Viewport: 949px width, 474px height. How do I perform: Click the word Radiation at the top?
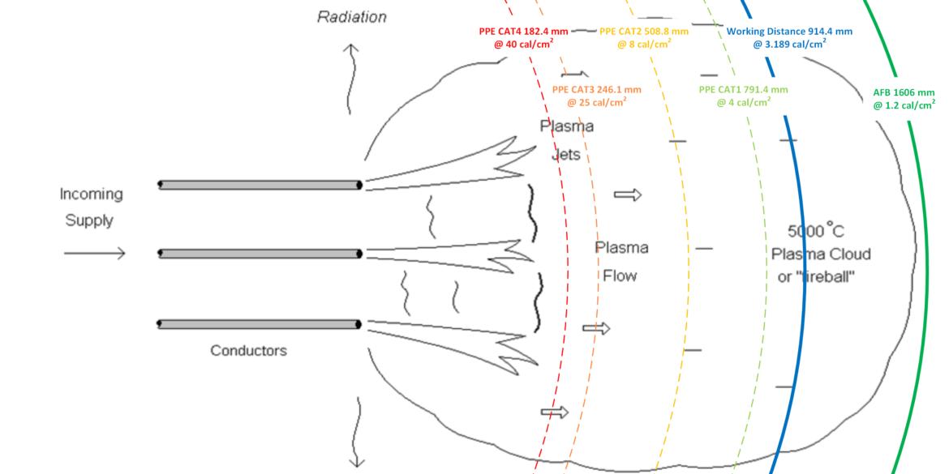pyautogui.click(x=352, y=16)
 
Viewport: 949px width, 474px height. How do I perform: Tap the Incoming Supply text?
pyautogui.click(x=91, y=207)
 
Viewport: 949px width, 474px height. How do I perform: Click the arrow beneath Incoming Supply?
pyautogui.click(x=95, y=254)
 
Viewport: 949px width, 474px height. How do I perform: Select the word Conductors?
pyautogui.click(x=248, y=351)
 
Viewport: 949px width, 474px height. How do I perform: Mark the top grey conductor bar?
pyautogui.click(x=260, y=185)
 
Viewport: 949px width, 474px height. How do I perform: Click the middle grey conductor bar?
pyautogui.click(x=260, y=254)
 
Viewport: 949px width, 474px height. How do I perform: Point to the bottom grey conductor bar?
pyautogui.click(x=260, y=324)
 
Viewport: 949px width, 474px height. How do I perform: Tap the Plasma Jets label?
pyautogui.click(x=566, y=139)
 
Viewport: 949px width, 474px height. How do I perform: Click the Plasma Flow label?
pyautogui.click(x=620, y=261)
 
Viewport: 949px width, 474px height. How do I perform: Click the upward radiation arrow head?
pyautogui.click(x=350, y=49)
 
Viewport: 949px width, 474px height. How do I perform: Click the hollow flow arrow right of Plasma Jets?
pyautogui.click(x=627, y=194)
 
